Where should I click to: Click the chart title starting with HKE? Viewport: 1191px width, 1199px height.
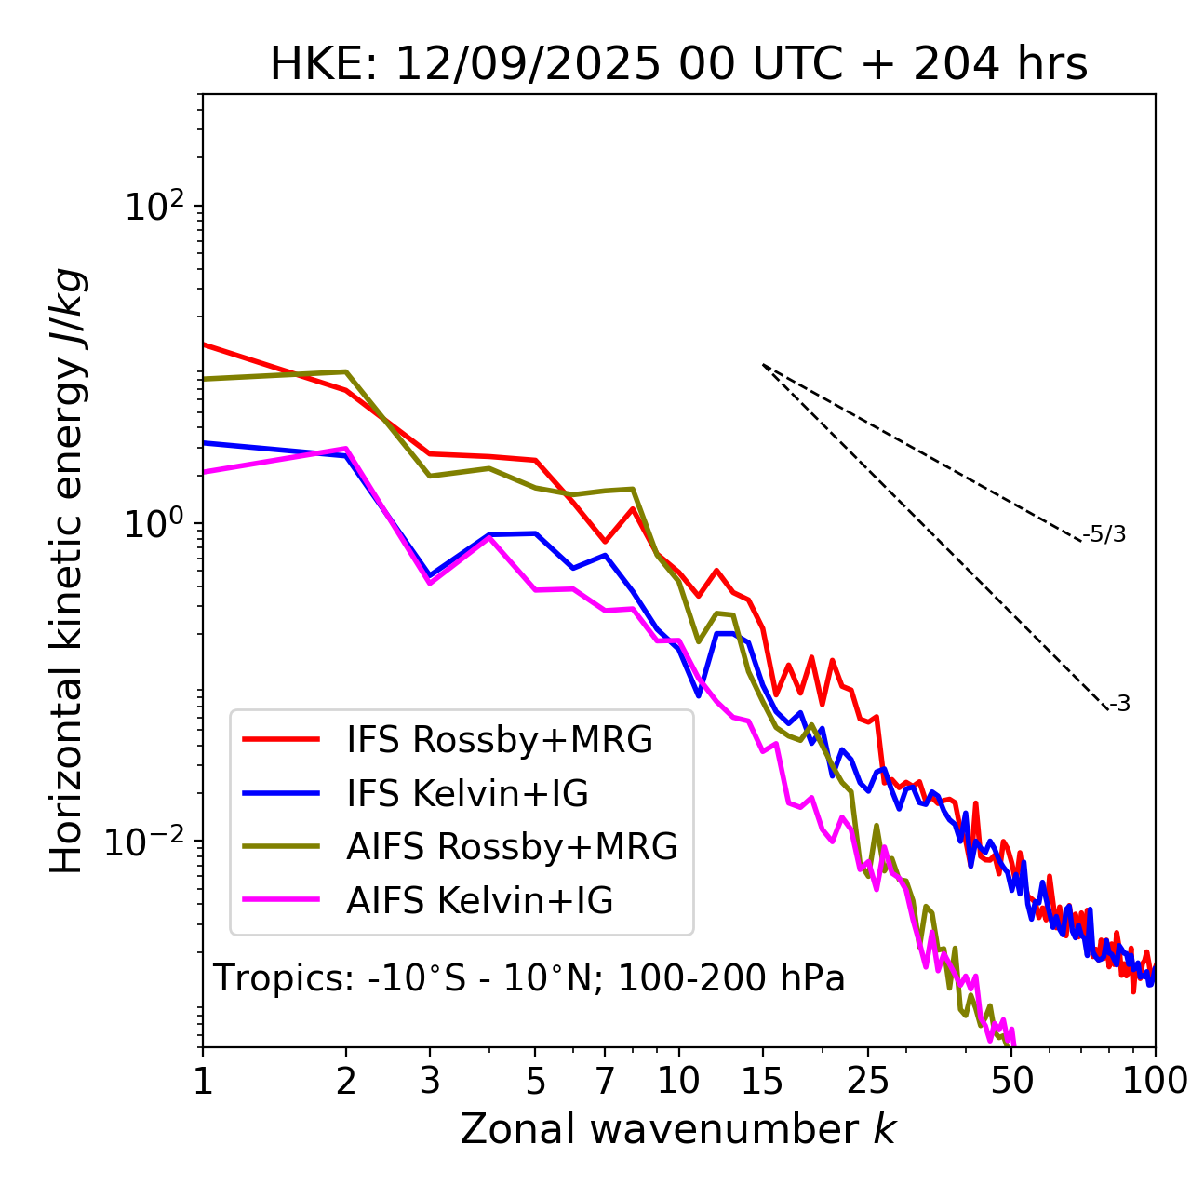tap(678, 64)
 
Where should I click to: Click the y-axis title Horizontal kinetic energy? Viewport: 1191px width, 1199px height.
tap(67, 571)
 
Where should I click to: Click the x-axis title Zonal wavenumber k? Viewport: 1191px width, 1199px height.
tap(678, 1129)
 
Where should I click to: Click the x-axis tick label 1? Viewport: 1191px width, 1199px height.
tap(203, 1080)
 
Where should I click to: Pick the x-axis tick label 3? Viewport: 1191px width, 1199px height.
tap(430, 1080)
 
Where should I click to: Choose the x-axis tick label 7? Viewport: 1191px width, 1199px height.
tap(606, 1080)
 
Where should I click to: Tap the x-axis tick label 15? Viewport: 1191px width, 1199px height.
tap(763, 1080)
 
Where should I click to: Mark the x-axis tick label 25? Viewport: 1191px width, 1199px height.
tap(868, 1080)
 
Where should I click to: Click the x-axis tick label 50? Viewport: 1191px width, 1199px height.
tap(1012, 1080)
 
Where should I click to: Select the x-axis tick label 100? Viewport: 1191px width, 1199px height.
tap(1154, 1080)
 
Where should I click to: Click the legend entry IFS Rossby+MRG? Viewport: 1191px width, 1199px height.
tap(499, 739)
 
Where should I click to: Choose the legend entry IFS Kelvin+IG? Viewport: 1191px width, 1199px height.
tap(467, 793)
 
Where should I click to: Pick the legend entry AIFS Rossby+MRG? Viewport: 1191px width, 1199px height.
tap(512, 847)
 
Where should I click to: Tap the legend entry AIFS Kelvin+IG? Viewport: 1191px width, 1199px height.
tap(479, 901)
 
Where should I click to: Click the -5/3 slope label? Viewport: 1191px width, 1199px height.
tap(1104, 534)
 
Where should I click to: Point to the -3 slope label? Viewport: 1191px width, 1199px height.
tap(1120, 704)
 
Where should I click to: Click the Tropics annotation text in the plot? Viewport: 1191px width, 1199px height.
tap(529, 978)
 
